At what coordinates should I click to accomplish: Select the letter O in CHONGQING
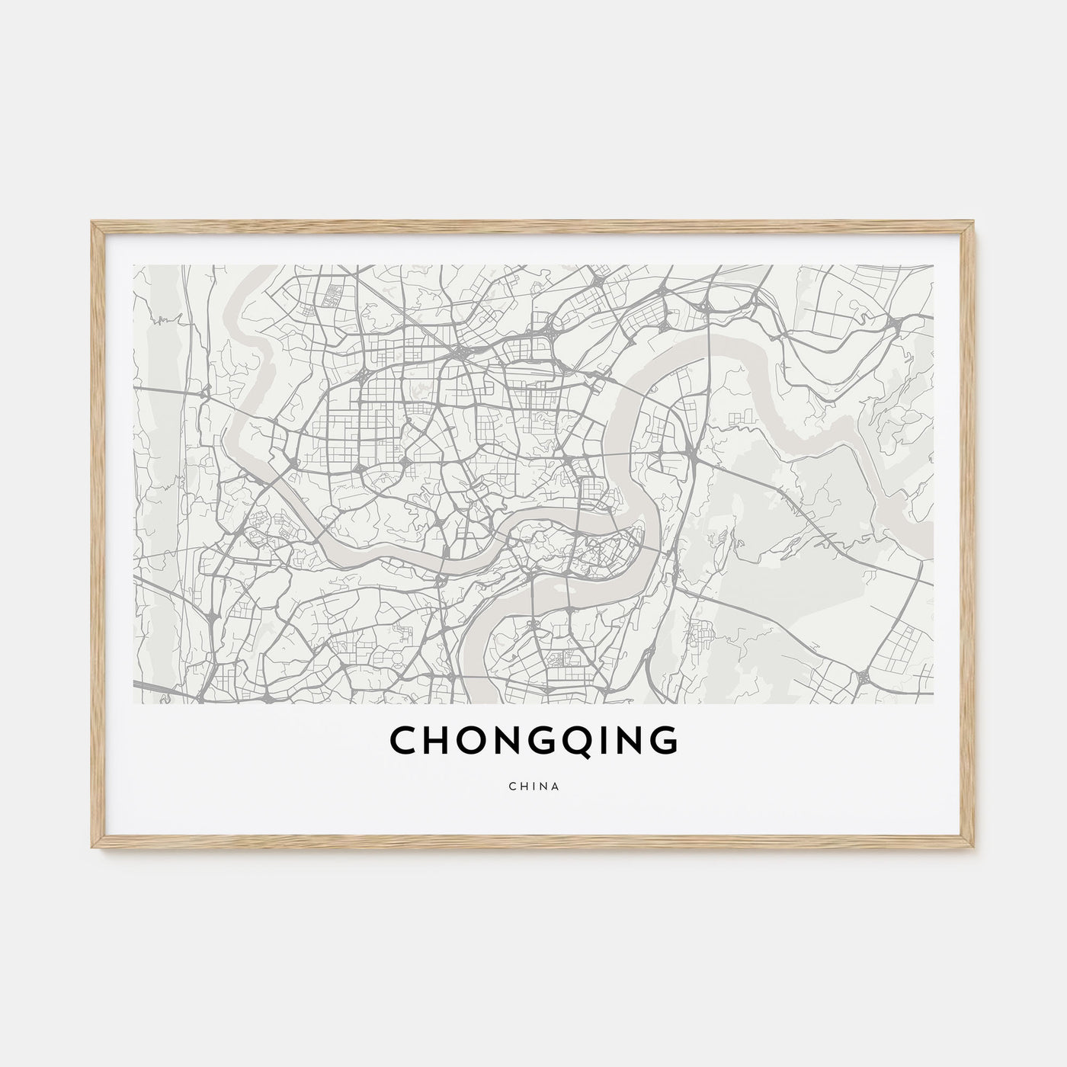coord(475,741)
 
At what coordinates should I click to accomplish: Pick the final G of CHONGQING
coord(660,741)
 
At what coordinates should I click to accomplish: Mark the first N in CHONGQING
coord(511,741)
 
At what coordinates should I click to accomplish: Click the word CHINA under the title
coord(533,787)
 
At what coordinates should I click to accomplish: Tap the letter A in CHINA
coord(556,787)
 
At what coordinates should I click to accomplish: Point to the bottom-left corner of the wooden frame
coord(91,851)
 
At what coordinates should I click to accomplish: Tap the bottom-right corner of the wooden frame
coord(976,851)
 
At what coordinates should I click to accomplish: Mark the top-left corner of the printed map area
coord(134,266)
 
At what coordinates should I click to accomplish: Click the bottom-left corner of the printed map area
coord(134,703)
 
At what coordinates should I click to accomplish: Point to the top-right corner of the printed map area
coord(933,266)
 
